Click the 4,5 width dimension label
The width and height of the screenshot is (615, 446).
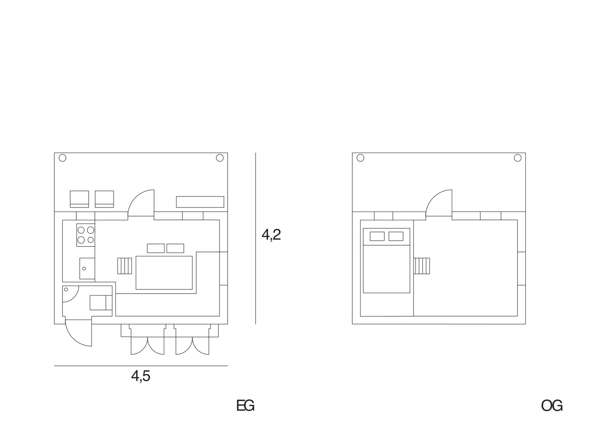pyautogui.click(x=141, y=376)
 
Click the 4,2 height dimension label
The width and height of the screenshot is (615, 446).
pyautogui.click(x=271, y=235)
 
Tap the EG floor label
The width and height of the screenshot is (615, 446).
pyautogui.click(x=245, y=405)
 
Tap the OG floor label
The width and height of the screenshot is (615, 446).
pyautogui.click(x=552, y=405)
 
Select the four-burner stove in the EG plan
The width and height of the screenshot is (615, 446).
pyautogui.click(x=86, y=235)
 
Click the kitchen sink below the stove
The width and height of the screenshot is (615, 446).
pyautogui.click(x=87, y=268)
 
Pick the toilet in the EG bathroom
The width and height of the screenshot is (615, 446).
pyautogui.click(x=101, y=303)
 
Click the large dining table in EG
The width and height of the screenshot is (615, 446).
pyautogui.click(x=164, y=273)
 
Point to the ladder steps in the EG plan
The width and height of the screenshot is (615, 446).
pyautogui.click(x=125, y=266)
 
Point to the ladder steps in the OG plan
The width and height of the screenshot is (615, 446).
pyautogui.click(x=422, y=266)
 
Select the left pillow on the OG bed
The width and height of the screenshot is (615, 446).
pyautogui.click(x=377, y=236)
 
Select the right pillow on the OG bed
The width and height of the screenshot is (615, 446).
pyautogui.click(x=396, y=236)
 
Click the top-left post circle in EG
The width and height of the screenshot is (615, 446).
pyautogui.click(x=62, y=158)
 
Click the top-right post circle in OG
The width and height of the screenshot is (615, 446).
pyautogui.click(x=518, y=158)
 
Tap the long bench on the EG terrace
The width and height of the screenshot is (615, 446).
pyautogui.click(x=200, y=202)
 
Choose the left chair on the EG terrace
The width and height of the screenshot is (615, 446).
pyautogui.click(x=80, y=199)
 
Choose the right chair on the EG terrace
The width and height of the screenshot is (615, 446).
pyautogui.click(x=105, y=199)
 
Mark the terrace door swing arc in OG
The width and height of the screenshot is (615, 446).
pyautogui.click(x=439, y=203)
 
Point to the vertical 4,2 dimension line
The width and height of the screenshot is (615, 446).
pyautogui.click(x=256, y=238)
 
